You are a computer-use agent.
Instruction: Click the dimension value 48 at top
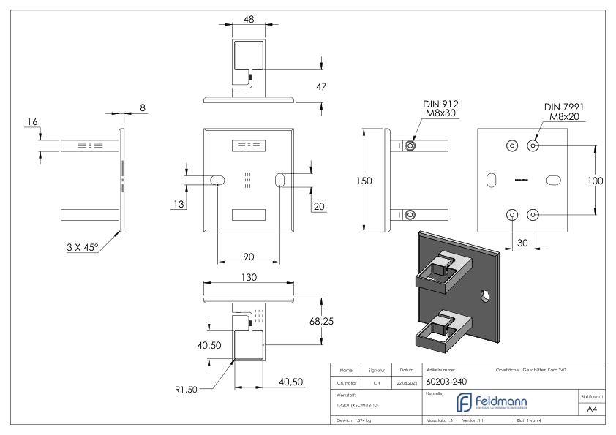(249, 20)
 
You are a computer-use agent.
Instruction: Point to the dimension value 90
(249, 257)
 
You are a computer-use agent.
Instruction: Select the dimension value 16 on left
(32, 120)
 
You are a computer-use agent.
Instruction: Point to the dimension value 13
(178, 205)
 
